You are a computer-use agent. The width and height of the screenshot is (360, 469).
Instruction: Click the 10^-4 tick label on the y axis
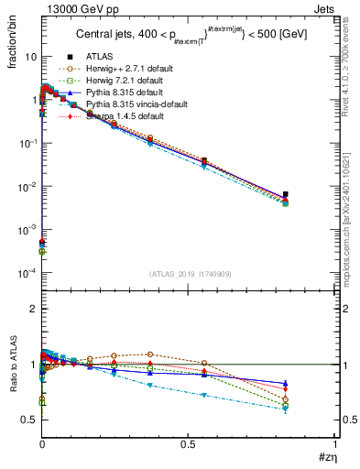point(27,273)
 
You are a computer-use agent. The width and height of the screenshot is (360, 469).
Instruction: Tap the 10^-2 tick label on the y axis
point(27,187)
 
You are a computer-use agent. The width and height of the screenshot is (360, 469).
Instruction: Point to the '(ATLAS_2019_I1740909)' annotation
point(189,274)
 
